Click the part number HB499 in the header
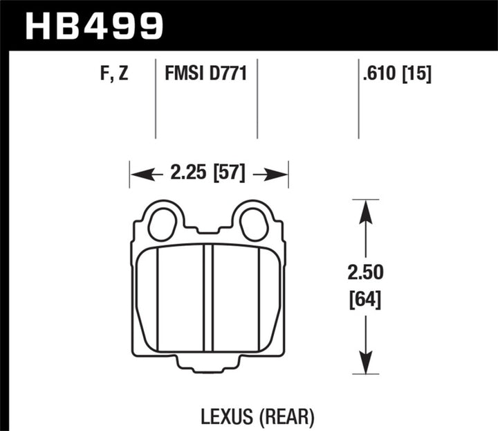click(x=95, y=26)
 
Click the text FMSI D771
click(x=205, y=73)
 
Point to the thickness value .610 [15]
click(x=396, y=73)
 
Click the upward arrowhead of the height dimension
click(x=366, y=211)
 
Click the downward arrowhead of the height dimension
click(x=366, y=362)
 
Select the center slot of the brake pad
click(x=208, y=298)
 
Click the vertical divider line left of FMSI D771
click(x=155, y=97)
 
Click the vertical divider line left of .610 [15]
click(x=358, y=97)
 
